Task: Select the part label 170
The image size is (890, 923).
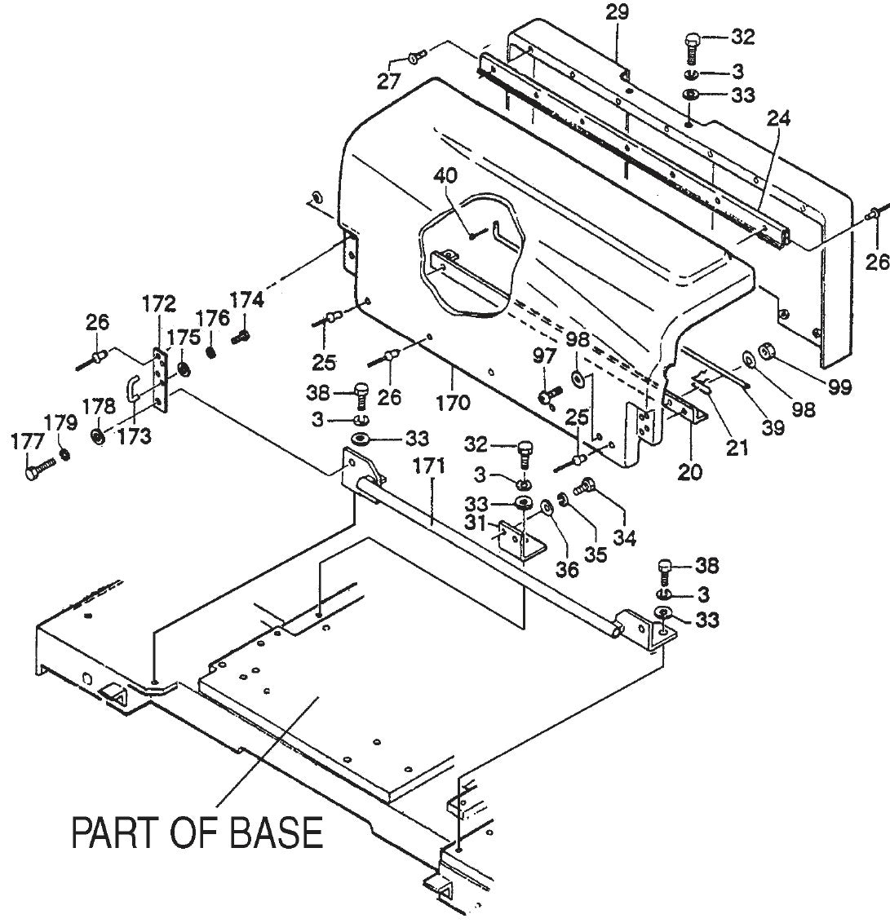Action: click(453, 401)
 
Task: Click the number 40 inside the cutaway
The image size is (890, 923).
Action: click(445, 176)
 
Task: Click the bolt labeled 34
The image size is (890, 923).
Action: click(584, 488)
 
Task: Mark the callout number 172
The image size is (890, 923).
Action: click(158, 304)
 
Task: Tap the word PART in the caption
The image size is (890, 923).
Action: click(118, 832)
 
